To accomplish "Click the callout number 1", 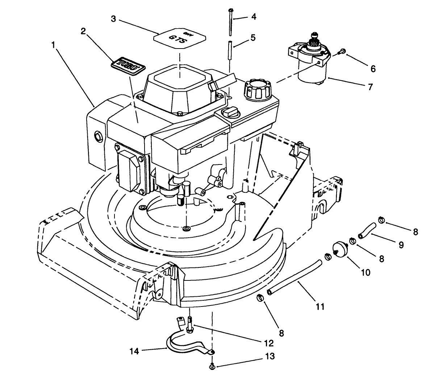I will (x=53, y=45).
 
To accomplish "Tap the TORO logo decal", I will (x=128, y=67).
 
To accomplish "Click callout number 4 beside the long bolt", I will (x=254, y=17).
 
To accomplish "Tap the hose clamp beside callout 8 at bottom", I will (x=260, y=298).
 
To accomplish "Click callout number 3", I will (x=113, y=19).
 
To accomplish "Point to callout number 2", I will (x=83, y=32).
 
